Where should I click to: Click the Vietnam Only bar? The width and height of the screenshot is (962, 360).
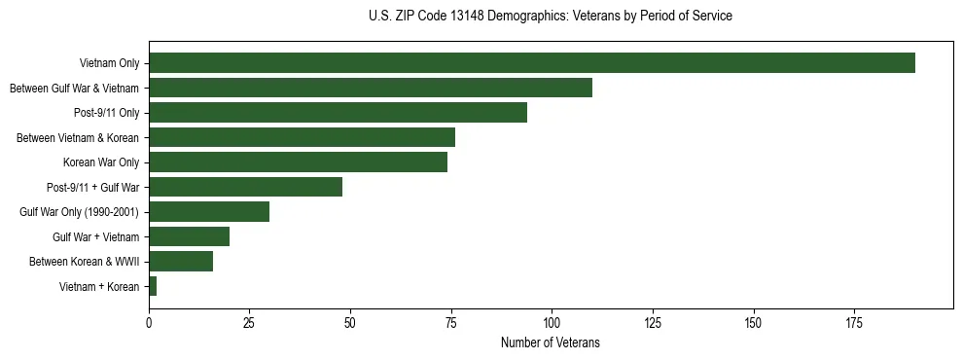click(x=531, y=63)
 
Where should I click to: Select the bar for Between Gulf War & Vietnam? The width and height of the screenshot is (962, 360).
click(x=371, y=88)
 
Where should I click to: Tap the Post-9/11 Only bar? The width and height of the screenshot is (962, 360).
click(x=338, y=113)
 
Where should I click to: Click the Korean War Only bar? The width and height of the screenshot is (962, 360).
click(x=298, y=162)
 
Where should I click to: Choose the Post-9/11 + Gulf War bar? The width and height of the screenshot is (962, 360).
click(x=245, y=187)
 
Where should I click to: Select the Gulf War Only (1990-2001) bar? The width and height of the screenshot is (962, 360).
click(x=209, y=212)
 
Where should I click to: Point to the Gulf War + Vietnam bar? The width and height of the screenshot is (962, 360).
click(x=189, y=236)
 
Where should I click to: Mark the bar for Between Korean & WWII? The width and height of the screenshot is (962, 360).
click(x=181, y=262)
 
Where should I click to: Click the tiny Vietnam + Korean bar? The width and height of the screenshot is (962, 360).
click(x=153, y=286)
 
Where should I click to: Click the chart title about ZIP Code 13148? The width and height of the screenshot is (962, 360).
click(x=551, y=16)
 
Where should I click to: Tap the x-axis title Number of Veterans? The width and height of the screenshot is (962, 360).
click(x=551, y=343)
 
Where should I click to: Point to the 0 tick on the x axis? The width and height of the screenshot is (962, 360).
click(x=149, y=322)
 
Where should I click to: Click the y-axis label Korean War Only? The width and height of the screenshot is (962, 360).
click(x=101, y=162)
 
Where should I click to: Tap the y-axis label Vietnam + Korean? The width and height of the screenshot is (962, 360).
click(x=99, y=286)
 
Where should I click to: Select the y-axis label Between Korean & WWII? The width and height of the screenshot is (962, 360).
click(x=85, y=262)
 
